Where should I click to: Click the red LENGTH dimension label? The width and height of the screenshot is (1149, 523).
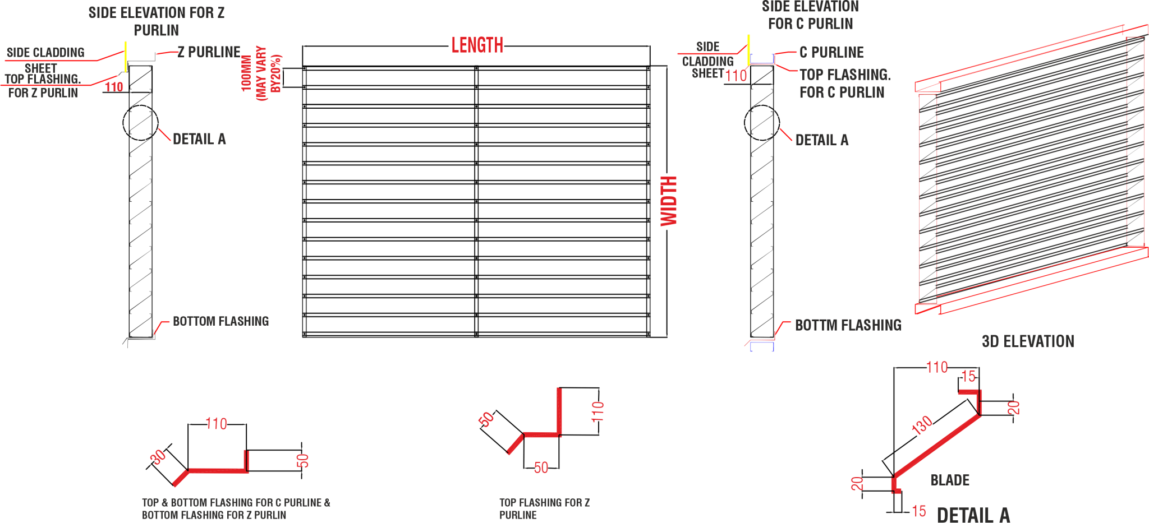pos(477,45)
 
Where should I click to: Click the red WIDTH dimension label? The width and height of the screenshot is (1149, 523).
pos(669,201)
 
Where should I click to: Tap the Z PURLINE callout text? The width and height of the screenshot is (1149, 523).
pos(209,52)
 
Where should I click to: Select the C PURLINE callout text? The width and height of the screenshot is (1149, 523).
pos(831,52)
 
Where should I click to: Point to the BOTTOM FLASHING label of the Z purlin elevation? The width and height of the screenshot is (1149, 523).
pos(220,321)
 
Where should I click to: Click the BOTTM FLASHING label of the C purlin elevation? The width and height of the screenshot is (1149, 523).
pos(848,325)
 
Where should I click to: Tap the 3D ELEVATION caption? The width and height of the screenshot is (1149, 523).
pos(1028,341)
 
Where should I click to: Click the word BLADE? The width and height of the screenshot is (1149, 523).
pos(950,480)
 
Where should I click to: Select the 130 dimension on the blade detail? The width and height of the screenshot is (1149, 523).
pos(922,425)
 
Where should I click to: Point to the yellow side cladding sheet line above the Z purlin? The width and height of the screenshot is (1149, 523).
pos(125,56)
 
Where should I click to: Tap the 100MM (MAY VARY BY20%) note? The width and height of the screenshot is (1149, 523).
pos(260,73)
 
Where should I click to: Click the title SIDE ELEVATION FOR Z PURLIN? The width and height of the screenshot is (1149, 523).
pos(157,21)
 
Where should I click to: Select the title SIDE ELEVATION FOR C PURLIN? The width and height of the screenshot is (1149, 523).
pos(810,15)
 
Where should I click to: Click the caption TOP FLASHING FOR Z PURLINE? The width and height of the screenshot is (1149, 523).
pos(544,509)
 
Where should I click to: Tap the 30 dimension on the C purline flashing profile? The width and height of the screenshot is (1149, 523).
pos(158,457)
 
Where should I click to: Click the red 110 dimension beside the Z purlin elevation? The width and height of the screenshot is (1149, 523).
pos(114,87)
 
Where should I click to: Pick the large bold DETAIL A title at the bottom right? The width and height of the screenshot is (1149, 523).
pos(973,515)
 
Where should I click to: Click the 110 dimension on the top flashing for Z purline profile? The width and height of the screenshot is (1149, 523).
pos(598,411)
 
